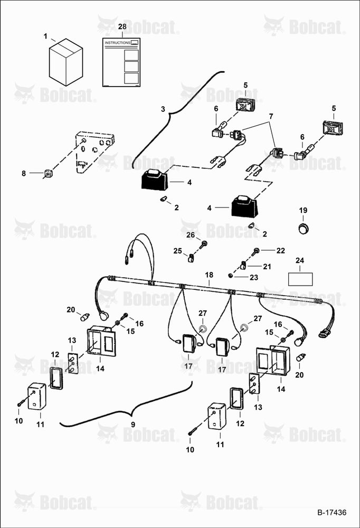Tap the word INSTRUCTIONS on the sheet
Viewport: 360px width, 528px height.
point(117,43)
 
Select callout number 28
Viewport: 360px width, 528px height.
point(122,26)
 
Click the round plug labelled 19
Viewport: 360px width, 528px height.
point(304,228)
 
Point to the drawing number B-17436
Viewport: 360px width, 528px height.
point(331,513)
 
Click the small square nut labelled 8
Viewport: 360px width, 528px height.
point(49,173)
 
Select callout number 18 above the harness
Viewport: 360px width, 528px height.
point(209,275)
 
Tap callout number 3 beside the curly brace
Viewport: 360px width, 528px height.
point(163,109)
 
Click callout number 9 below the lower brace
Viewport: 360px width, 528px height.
point(133,425)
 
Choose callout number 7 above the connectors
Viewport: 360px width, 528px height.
point(271,116)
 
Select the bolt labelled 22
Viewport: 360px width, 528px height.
point(255,251)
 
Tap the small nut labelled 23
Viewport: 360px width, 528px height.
point(230,276)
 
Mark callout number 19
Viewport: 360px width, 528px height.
point(303,210)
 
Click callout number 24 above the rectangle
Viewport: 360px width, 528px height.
point(300,260)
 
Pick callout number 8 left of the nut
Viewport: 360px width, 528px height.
point(24,173)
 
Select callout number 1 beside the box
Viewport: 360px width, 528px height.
point(45,36)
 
